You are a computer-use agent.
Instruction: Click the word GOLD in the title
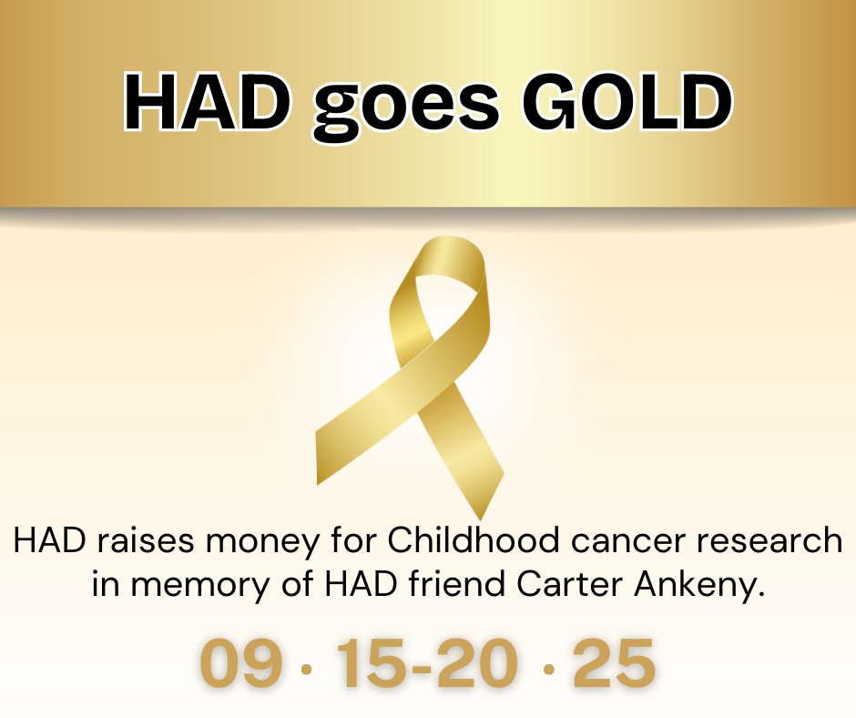[627, 102]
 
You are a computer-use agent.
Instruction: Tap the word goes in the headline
[406, 109]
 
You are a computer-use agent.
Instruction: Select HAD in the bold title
[207, 102]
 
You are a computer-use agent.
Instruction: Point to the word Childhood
[474, 540]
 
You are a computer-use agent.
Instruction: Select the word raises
[146, 541]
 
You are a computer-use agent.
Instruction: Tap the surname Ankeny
[698, 586]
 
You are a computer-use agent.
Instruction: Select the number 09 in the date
[241, 662]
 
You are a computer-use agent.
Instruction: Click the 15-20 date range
[427, 662]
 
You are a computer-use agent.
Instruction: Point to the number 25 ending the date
[614, 662]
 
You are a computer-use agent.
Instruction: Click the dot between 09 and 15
[307, 669]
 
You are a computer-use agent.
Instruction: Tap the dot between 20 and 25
[550, 669]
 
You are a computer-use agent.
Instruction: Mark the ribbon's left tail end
[317, 458]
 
